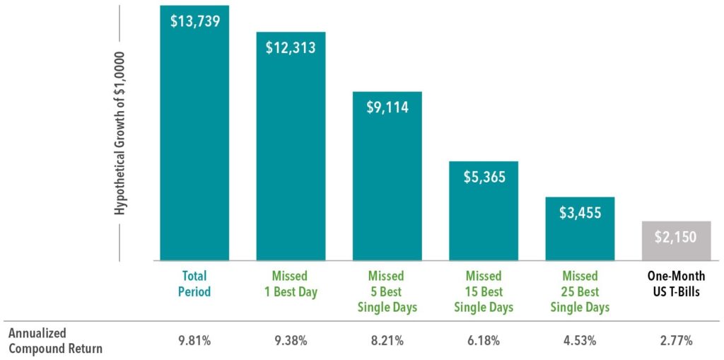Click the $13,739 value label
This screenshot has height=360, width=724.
click(194, 21)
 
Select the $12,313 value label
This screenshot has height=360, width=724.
click(291, 48)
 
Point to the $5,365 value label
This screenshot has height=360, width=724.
click(484, 178)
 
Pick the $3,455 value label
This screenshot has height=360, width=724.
click(580, 212)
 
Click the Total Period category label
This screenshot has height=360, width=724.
click(194, 284)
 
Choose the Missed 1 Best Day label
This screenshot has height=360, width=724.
click(291, 284)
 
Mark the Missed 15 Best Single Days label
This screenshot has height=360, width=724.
click(484, 291)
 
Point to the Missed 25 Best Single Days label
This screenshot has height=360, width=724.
click(580, 291)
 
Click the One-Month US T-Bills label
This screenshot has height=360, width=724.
click(677, 284)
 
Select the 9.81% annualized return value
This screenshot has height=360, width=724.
click(194, 341)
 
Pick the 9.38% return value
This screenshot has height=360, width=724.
click(291, 341)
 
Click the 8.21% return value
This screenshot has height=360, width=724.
click(387, 341)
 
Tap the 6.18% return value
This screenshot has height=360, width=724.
click(484, 341)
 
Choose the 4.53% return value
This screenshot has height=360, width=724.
click(580, 341)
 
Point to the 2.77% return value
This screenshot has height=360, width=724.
click(677, 341)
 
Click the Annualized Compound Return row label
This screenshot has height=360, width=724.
click(55, 341)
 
